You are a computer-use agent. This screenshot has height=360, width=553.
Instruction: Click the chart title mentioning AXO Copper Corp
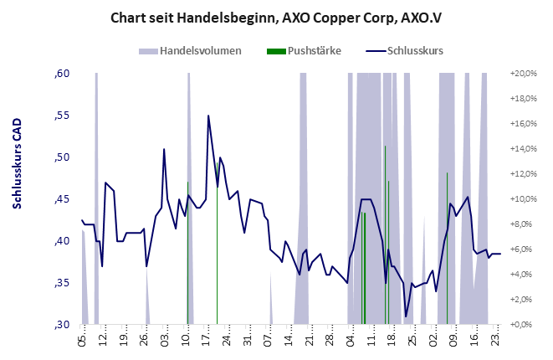[276, 17]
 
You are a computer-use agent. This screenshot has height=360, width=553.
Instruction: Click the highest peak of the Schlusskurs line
[208, 116]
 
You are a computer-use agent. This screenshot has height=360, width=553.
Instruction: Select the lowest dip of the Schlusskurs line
[406, 317]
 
